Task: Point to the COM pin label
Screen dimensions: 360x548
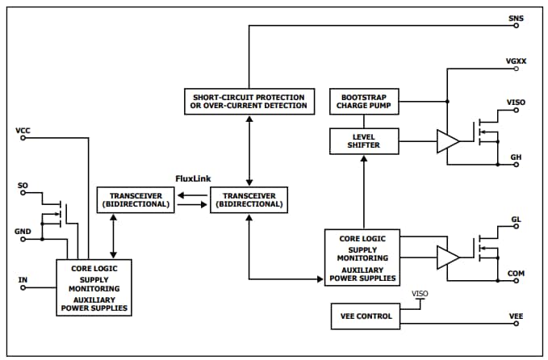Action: click(517, 274)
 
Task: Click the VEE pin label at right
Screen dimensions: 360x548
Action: click(516, 316)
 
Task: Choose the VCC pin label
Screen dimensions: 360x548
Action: click(23, 130)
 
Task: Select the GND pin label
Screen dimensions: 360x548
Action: click(23, 231)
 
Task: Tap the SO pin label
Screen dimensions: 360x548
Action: click(23, 186)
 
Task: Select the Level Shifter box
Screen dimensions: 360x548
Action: click(365, 140)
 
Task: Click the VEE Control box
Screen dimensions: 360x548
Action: click(365, 316)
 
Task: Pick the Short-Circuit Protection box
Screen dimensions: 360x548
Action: click(249, 101)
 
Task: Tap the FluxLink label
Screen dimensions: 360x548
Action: click(193, 178)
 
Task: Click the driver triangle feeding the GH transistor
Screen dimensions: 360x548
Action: click(446, 140)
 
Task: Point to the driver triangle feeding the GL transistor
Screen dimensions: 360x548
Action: click(446, 257)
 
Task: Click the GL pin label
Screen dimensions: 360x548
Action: click(516, 220)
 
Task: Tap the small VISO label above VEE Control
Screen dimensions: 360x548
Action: click(420, 293)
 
